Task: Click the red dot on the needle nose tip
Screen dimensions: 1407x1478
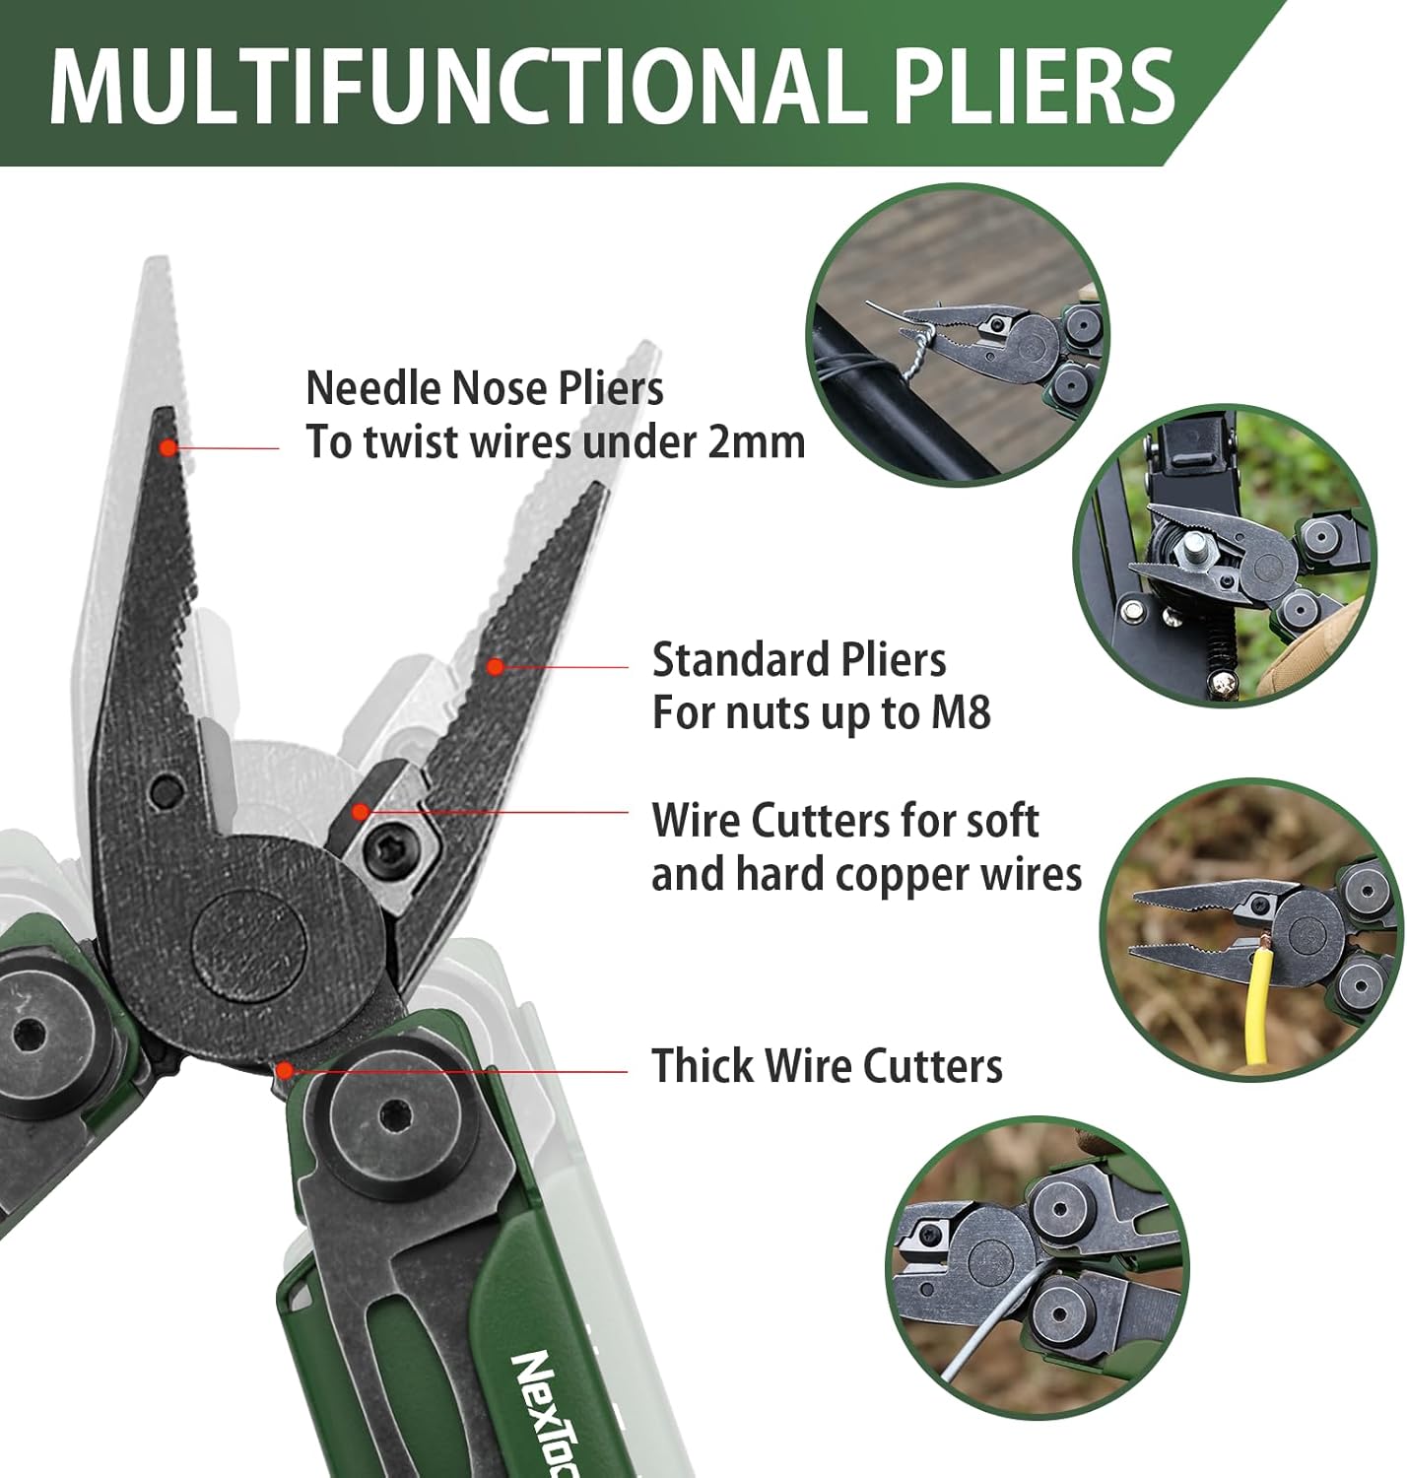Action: pos(168,448)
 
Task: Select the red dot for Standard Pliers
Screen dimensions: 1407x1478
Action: pos(494,666)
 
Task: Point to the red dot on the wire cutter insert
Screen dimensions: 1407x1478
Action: pos(361,812)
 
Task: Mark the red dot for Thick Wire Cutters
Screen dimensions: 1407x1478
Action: pos(284,1070)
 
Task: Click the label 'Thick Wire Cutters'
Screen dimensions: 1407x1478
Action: pos(827,1065)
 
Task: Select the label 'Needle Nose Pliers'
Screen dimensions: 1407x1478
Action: pos(485,388)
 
